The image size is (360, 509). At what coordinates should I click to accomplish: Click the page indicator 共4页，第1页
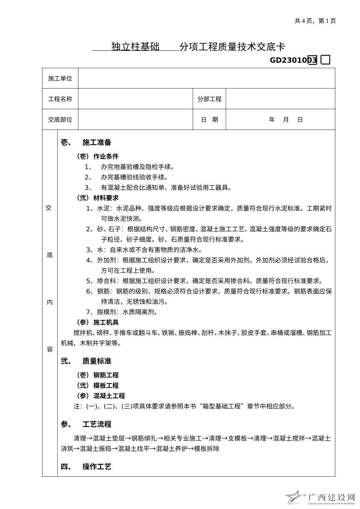(x=315, y=21)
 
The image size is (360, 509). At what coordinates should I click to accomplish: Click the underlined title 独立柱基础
(x=135, y=47)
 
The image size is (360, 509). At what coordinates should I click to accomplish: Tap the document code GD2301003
(x=293, y=60)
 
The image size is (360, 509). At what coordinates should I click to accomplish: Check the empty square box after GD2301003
(x=326, y=60)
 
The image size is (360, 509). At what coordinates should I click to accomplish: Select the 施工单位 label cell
(x=60, y=78)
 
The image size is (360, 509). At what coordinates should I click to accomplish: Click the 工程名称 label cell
(x=60, y=99)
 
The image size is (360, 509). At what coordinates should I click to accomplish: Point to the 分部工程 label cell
(x=209, y=99)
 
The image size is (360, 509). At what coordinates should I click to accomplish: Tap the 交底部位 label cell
(x=60, y=120)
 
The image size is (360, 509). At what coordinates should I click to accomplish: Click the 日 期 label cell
(x=209, y=120)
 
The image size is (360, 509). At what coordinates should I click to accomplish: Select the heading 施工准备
(x=97, y=143)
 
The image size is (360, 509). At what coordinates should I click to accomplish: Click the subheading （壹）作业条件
(x=97, y=157)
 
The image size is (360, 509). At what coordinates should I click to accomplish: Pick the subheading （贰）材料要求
(x=97, y=198)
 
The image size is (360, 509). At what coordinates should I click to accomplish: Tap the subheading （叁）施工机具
(x=97, y=323)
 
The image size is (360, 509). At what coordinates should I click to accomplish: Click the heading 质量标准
(x=97, y=361)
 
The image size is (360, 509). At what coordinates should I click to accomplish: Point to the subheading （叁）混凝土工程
(x=100, y=396)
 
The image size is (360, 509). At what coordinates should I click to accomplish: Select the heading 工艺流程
(x=97, y=424)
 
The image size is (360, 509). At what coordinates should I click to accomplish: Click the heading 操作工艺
(x=97, y=467)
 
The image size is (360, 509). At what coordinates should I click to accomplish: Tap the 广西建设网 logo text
(x=331, y=497)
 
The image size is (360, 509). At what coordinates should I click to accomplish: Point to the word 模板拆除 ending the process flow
(x=207, y=449)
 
